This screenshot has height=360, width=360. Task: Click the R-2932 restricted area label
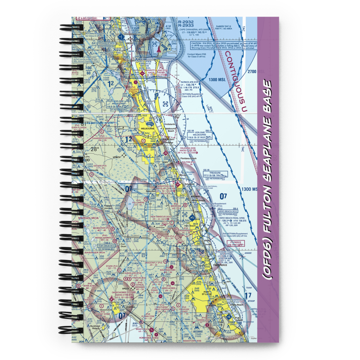tap(186, 22)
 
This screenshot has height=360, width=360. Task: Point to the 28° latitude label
tap(94, 149)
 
